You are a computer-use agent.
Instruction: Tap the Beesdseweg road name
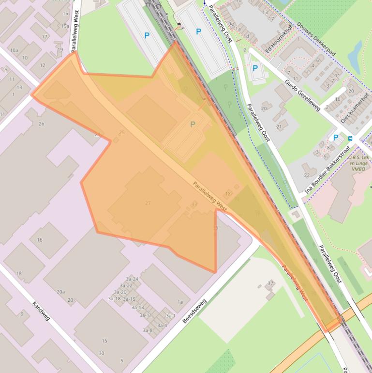[194, 311]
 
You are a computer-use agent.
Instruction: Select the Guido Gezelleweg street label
[302, 95]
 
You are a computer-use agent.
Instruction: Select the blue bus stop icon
[350, 139]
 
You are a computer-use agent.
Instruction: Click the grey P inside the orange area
[193, 124]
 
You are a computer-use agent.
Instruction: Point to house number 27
[148, 203]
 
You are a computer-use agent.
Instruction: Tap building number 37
[270, 283]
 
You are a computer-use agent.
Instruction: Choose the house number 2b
[41, 124]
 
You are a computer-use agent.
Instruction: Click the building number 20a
[60, 292]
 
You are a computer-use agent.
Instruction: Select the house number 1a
[180, 302]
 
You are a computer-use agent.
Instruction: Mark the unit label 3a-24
[132, 279]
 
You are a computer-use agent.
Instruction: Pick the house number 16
[39, 240]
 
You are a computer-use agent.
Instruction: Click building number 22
[307, 175]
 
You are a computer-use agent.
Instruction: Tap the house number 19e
[230, 24]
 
